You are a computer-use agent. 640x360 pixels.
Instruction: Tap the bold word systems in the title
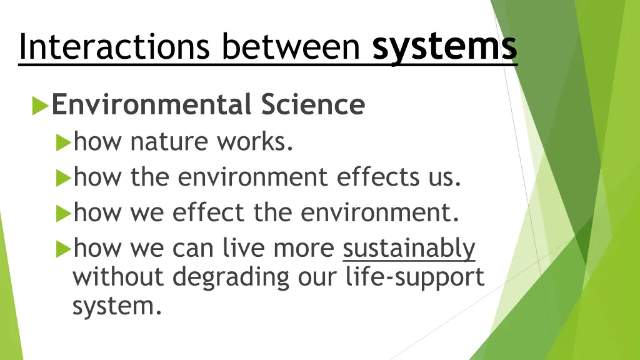[444, 47]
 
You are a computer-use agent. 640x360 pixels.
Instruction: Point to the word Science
[312, 104]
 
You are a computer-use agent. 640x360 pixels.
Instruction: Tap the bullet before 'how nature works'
[62, 143]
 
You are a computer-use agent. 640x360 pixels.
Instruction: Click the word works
[254, 142]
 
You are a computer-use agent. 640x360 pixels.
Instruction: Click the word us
[444, 177]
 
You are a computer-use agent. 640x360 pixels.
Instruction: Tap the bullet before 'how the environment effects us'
[62, 179]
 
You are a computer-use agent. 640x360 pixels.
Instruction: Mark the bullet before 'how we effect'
[62, 214]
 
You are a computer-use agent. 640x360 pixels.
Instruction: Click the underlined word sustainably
[409, 249]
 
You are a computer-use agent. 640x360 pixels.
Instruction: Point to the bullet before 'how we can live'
[62, 250]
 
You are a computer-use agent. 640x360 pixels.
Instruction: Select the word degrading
[231, 277]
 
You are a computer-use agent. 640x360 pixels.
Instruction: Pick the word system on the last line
[113, 306]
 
